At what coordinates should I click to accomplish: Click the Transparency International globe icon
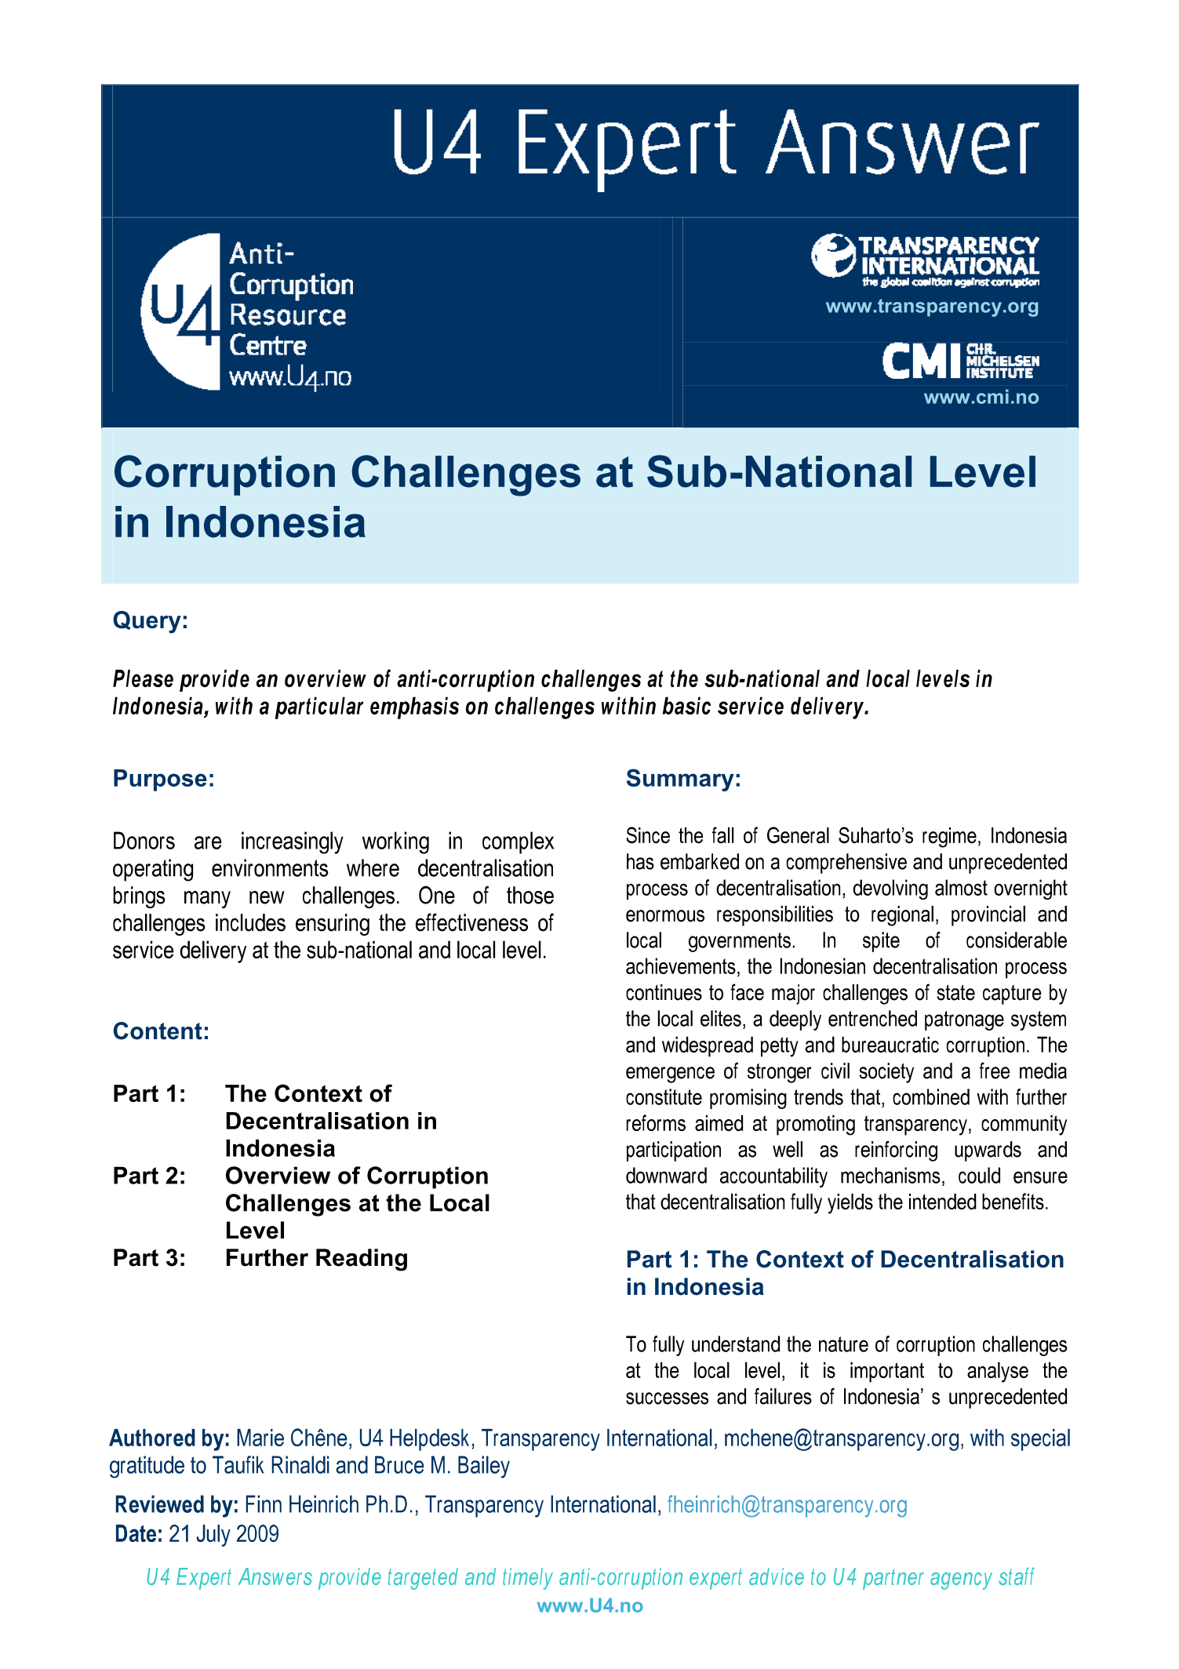(x=832, y=256)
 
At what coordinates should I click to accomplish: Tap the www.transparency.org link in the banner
(x=932, y=307)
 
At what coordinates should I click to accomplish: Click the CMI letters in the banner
(x=921, y=362)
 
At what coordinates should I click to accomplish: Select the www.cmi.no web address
(x=981, y=398)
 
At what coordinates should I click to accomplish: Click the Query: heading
(x=151, y=621)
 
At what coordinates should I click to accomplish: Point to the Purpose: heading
(x=163, y=779)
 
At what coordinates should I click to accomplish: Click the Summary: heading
(x=682, y=779)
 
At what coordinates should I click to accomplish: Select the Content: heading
(x=161, y=1031)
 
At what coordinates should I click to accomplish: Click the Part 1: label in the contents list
(x=149, y=1094)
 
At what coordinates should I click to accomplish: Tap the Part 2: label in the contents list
(x=149, y=1176)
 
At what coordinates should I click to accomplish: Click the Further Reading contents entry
(x=316, y=1258)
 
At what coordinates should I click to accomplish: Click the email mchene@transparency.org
(x=841, y=1438)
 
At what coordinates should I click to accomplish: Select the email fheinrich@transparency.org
(x=787, y=1505)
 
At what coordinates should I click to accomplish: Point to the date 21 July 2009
(x=224, y=1534)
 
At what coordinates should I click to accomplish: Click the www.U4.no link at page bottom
(x=590, y=1605)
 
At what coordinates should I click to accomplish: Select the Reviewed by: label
(x=176, y=1505)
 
